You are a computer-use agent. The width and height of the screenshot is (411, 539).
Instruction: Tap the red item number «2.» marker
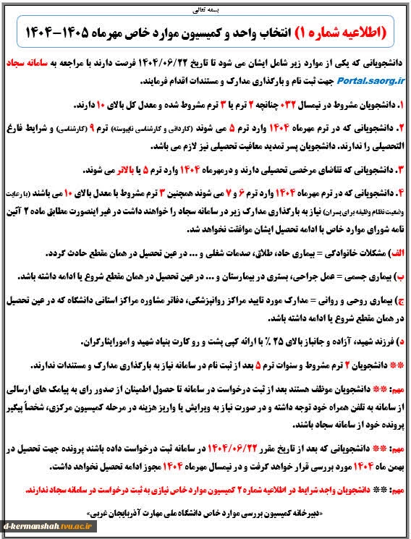click(x=399, y=127)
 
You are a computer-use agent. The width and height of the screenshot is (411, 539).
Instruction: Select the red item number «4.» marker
click(x=399, y=193)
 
